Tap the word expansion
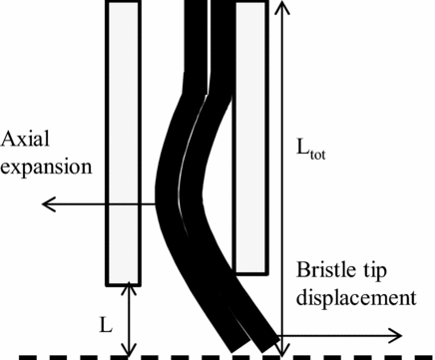[47, 165]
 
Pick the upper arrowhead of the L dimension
[126, 288]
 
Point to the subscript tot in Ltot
[322, 156]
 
